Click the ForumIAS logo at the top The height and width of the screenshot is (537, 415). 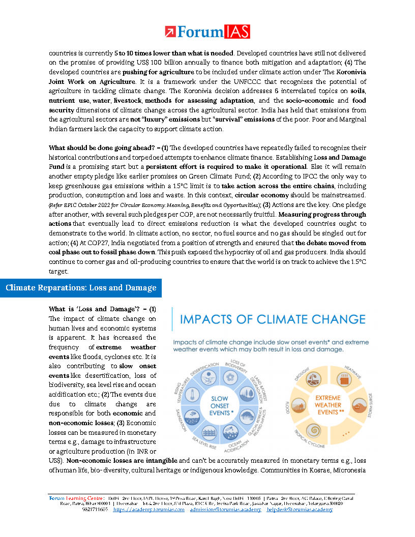tap(207, 32)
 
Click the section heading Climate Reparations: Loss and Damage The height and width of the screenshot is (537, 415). tap(81, 288)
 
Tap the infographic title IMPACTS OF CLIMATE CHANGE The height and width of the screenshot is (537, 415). tap(273, 319)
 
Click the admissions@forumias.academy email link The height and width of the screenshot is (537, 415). tap(225, 509)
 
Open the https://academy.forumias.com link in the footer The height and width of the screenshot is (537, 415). tap(149, 509)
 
